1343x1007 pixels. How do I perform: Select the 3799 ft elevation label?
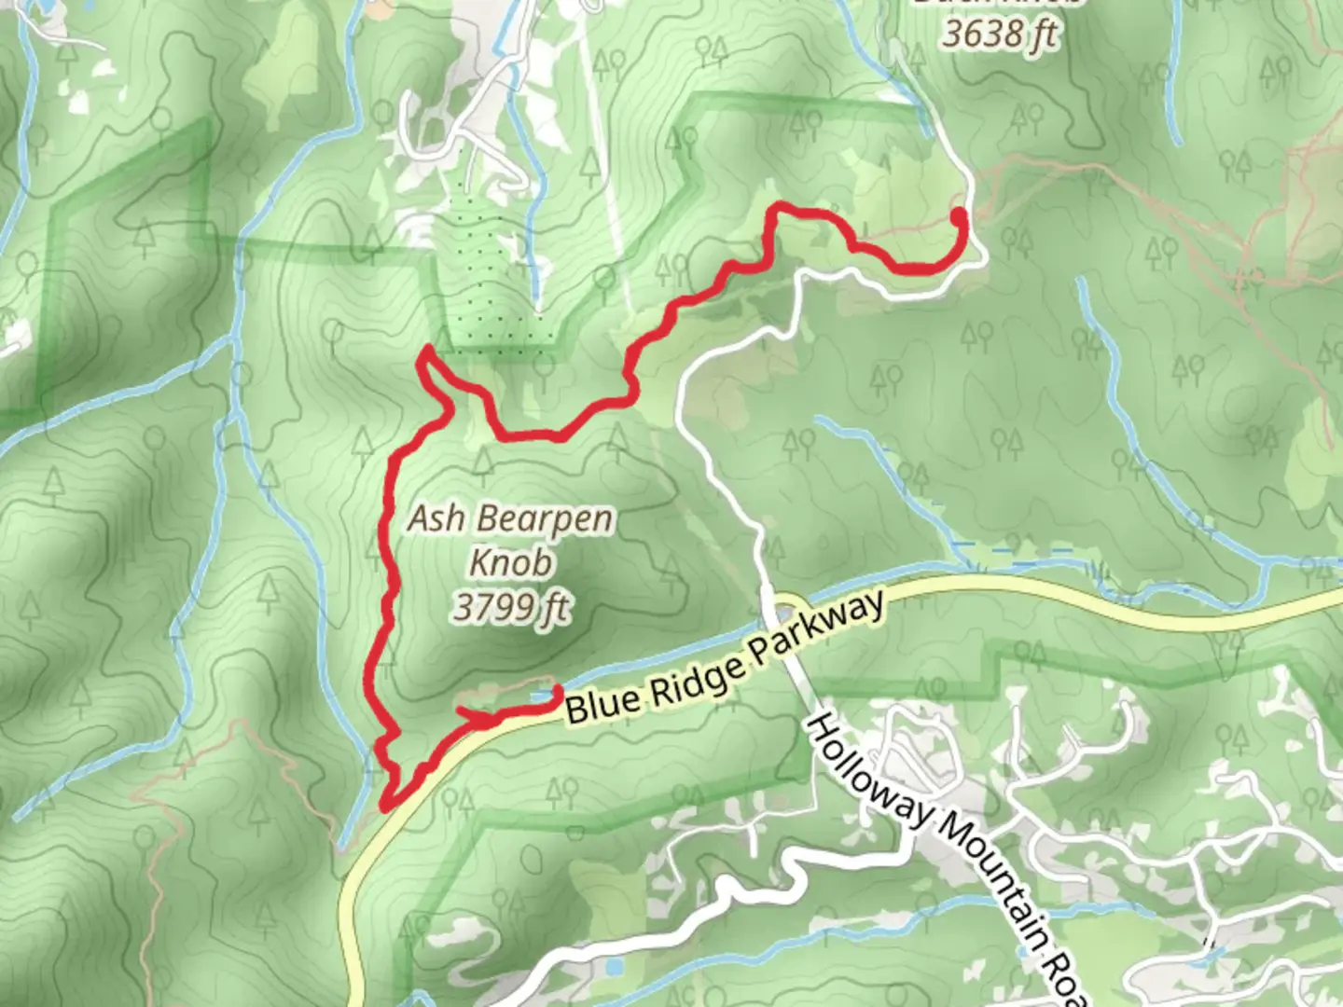(511, 608)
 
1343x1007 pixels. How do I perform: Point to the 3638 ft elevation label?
(999, 35)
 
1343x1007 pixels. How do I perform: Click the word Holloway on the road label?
(867, 775)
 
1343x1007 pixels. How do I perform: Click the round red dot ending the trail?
(958, 217)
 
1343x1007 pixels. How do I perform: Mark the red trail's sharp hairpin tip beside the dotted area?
(426, 351)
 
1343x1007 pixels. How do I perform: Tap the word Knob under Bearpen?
(510, 563)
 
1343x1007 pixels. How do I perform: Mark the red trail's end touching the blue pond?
(557, 691)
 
